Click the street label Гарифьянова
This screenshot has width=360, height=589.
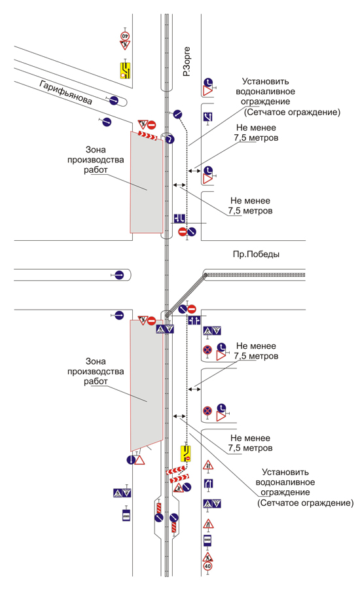point(65,92)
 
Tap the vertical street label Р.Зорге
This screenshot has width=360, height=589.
point(187,62)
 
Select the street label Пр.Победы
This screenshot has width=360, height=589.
point(256,255)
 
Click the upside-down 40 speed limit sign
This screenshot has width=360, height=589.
point(125,36)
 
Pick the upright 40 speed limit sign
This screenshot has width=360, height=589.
point(207,565)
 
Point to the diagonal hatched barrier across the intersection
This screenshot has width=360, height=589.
point(186,296)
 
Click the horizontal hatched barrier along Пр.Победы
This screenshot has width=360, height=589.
point(255,275)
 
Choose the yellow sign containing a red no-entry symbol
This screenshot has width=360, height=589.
point(186,454)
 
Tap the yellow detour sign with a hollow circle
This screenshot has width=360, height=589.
point(126,70)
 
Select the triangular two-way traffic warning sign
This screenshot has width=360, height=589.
point(208,466)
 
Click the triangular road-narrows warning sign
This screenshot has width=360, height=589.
point(208,524)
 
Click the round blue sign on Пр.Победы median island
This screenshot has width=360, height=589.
point(119,275)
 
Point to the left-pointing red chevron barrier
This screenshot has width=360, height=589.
point(176,470)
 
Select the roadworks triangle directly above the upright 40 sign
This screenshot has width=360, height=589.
point(207,557)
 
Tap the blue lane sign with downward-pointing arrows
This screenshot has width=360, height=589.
point(179,218)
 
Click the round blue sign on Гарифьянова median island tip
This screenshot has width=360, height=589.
point(114,100)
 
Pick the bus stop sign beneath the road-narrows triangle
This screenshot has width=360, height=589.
point(207,541)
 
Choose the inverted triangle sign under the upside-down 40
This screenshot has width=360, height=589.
point(125,45)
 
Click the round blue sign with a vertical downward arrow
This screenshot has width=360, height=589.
point(131,459)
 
